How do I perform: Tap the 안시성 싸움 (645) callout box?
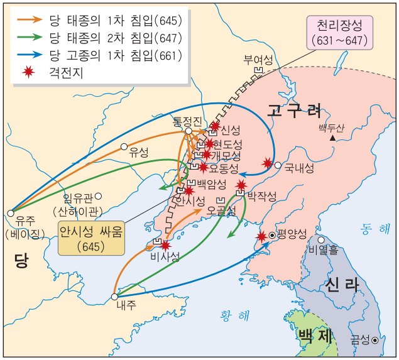point(91,238)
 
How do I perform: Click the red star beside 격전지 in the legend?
point(27,72)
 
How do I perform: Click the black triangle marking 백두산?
point(333,137)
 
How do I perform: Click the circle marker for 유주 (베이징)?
point(11,213)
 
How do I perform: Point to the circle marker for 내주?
point(114,297)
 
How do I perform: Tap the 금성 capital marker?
point(375,340)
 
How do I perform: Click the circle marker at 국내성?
point(278,165)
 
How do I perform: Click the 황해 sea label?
point(234,314)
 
